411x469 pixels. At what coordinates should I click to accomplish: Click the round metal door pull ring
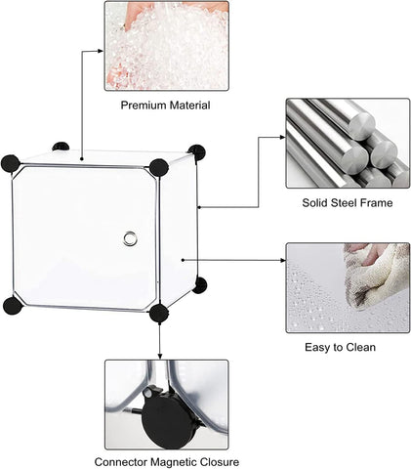(130, 238)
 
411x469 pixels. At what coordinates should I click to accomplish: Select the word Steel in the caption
(345, 203)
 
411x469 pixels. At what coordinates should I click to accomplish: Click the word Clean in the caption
(360, 347)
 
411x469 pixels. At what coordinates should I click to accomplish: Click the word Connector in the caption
(121, 462)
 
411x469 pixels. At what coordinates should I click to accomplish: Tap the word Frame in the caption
(377, 203)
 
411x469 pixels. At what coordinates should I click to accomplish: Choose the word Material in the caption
(189, 106)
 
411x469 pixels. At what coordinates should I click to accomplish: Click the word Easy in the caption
(316, 347)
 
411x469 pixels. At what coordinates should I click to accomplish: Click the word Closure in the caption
(219, 462)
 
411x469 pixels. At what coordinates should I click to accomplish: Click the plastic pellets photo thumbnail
(167, 46)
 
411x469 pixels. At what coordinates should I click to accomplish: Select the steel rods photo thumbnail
(348, 143)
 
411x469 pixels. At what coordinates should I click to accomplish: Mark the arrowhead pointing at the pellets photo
(101, 51)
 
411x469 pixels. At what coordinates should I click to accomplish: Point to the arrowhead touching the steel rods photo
(282, 137)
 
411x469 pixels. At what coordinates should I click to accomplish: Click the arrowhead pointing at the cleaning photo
(283, 260)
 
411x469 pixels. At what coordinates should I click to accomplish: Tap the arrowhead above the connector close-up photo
(159, 356)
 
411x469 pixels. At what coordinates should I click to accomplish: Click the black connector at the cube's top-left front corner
(11, 163)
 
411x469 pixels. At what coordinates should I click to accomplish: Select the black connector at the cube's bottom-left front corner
(13, 305)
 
